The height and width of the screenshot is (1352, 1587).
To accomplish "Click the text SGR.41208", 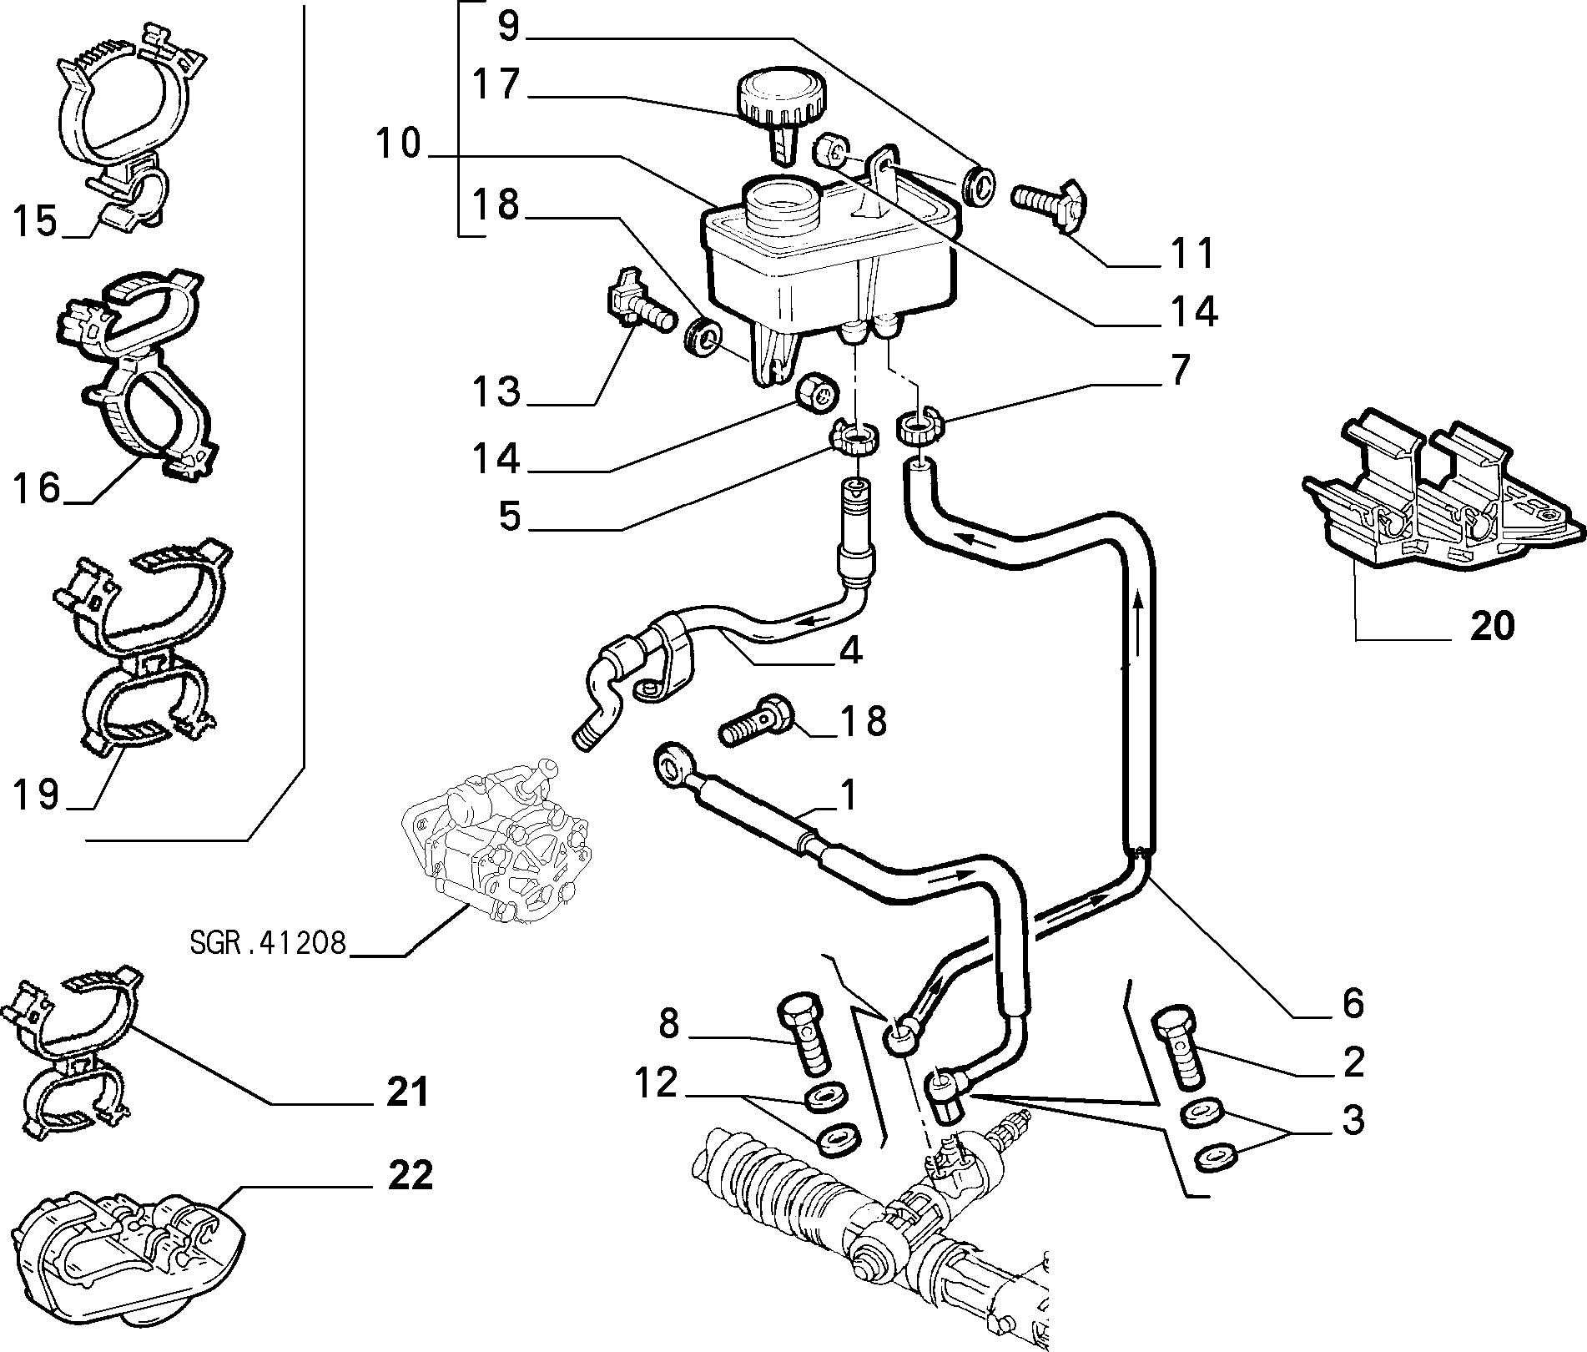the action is (x=266, y=942).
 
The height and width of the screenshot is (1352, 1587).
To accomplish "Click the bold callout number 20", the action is (x=1492, y=626).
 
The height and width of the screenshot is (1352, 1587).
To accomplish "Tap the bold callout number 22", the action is (x=410, y=1176).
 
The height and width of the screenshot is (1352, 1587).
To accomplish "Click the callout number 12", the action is (x=657, y=1083).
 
